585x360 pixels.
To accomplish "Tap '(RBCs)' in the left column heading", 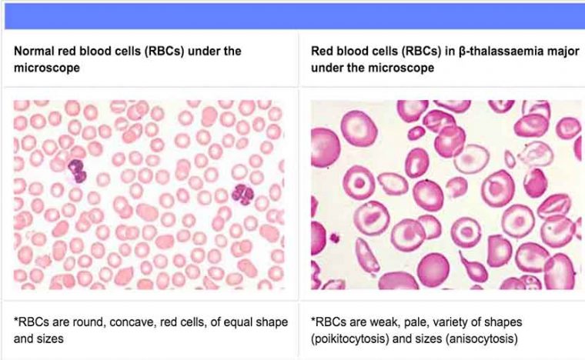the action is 165,51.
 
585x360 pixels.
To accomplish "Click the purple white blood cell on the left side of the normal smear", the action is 78,171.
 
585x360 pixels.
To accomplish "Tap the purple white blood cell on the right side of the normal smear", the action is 243,195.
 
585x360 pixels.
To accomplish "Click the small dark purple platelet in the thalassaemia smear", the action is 335,237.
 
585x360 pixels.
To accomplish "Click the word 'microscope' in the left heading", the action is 47,68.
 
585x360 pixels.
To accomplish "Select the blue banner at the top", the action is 295,16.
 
